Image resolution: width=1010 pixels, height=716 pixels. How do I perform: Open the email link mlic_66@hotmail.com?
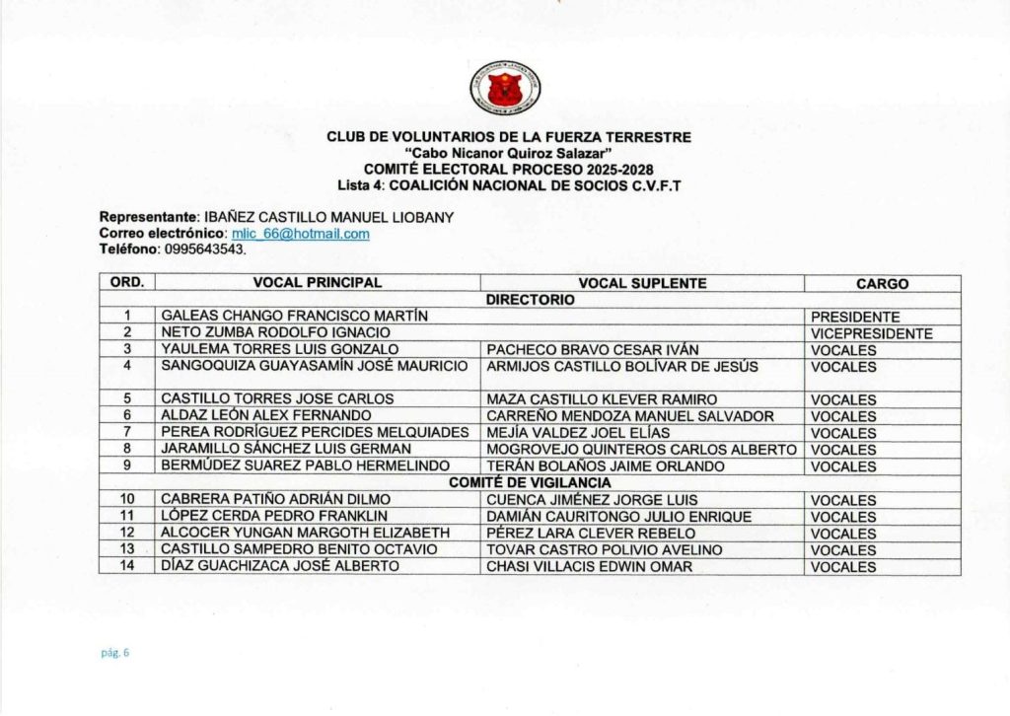pyautogui.click(x=300, y=234)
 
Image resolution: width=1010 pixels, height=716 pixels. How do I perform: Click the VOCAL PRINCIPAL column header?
pyautogui.click(x=318, y=283)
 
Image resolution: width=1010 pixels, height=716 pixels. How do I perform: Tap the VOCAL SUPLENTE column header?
pyautogui.click(x=642, y=283)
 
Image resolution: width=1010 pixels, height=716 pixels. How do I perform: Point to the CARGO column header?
pyautogui.click(x=882, y=284)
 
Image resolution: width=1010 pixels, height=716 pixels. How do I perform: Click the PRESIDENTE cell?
pyautogui.click(x=855, y=318)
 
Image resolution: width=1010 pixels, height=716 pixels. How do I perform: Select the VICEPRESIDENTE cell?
pyautogui.click(x=871, y=333)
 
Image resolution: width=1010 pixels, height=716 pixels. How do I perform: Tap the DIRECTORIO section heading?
pyautogui.click(x=530, y=299)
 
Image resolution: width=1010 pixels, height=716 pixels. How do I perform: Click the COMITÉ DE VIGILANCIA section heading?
pyautogui.click(x=530, y=482)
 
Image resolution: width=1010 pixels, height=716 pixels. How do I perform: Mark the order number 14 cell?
pyautogui.click(x=127, y=566)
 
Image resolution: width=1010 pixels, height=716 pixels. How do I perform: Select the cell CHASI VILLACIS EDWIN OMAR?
pyautogui.click(x=589, y=566)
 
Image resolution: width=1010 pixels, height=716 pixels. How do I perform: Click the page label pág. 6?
pyautogui.click(x=115, y=652)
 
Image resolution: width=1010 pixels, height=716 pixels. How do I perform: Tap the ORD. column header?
pyautogui.click(x=127, y=283)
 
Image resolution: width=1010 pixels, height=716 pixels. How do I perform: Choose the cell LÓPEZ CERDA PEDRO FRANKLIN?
pyautogui.click(x=274, y=516)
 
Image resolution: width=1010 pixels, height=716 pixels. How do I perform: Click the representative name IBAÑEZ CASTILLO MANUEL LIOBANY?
pyautogui.click(x=327, y=218)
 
